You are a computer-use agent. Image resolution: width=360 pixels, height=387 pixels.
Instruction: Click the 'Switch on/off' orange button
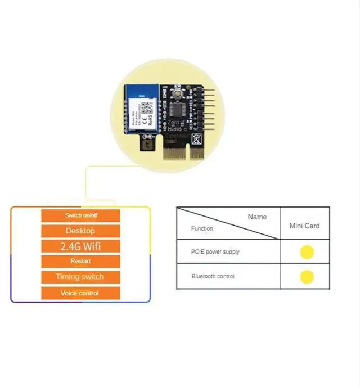pos(80,215)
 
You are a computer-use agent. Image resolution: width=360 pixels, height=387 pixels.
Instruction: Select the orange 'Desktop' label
pos(80,231)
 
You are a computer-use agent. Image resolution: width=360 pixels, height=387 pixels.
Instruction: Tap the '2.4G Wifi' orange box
pos(80,246)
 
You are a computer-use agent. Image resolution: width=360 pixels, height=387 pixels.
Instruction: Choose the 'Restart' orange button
pos(80,261)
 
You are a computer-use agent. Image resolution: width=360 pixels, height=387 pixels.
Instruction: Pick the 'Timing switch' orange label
pos(80,277)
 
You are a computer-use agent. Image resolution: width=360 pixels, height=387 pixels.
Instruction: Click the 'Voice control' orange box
pos(80,293)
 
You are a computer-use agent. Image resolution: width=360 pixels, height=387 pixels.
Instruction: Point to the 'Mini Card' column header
pos(304,226)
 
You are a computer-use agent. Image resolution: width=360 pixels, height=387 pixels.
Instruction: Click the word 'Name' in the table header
pos(257,217)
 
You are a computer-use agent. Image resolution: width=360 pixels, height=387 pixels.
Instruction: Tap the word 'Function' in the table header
pos(202,229)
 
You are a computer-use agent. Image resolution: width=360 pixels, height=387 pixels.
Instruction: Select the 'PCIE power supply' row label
pos(215,251)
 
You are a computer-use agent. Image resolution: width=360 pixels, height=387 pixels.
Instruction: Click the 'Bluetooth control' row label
pos(213,276)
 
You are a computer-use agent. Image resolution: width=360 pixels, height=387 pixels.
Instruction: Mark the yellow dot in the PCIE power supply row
pos(307,252)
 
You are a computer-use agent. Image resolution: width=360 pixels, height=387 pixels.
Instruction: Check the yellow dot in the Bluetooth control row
pos(307,277)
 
